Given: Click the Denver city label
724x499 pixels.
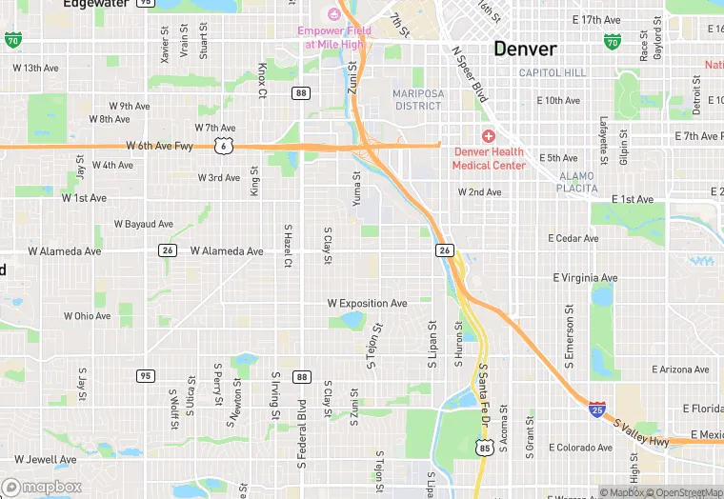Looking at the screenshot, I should click(x=525, y=49).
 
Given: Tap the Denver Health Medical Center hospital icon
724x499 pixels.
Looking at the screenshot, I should click(x=489, y=136).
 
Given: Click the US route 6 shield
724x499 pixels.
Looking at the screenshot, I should click(x=222, y=146).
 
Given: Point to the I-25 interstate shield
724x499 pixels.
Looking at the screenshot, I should click(x=596, y=409).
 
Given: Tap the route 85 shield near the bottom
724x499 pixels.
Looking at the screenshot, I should click(x=485, y=448).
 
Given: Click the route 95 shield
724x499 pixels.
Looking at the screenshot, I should click(x=145, y=377).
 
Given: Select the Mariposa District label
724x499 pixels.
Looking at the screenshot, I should click(x=417, y=99).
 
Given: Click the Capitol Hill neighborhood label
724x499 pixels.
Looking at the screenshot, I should click(x=553, y=73).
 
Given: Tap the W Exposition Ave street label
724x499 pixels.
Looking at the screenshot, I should click(x=367, y=304).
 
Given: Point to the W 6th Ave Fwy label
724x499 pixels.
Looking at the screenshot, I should click(x=159, y=146).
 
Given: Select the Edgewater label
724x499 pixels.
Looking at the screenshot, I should click(x=96, y=4).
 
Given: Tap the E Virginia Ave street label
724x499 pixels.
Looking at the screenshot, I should click(x=584, y=278).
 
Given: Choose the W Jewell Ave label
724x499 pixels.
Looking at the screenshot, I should click(x=45, y=459).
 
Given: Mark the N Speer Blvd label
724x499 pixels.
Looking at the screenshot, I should click(x=469, y=75).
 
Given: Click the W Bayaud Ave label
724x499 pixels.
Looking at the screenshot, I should click(x=143, y=225).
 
